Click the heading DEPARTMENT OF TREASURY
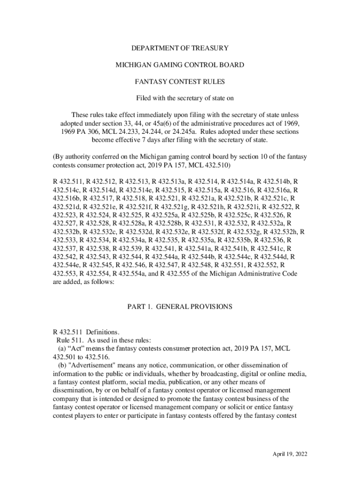coord(180,48)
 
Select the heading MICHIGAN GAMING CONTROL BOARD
coord(180,65)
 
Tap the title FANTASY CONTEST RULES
coord(180,82)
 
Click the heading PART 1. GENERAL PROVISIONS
coord(180,307)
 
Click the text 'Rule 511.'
coord(70,340)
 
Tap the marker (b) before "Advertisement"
coord(62,365)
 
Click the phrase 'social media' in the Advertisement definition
coord(128,382)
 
